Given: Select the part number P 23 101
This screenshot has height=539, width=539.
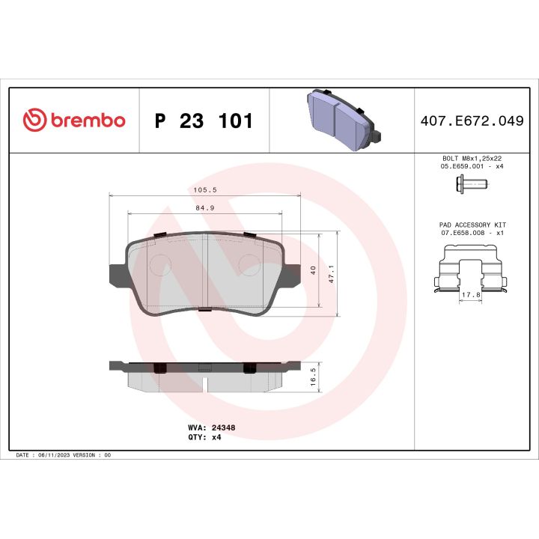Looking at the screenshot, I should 203,121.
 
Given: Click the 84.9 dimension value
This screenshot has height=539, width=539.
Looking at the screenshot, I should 204,208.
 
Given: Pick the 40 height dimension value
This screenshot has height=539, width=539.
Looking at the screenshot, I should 314,269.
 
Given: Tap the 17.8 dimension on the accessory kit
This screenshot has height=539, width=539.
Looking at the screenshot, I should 471,294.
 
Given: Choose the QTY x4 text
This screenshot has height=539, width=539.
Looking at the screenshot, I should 204,436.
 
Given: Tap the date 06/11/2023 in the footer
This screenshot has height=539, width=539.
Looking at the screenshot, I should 52,454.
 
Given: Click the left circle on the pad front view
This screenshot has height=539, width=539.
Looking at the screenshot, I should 160,265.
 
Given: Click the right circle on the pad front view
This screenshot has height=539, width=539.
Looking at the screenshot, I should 249,265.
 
